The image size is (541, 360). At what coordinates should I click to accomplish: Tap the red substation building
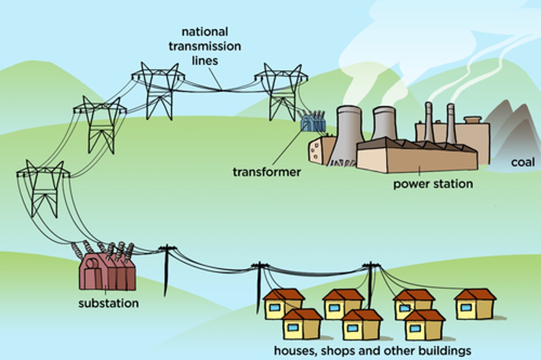(x=107, y=272)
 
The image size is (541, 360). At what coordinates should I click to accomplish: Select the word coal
(x=523, y=163)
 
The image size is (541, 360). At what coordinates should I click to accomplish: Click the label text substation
(x=109, y=303)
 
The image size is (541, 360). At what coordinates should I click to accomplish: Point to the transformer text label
(x=267, y=172)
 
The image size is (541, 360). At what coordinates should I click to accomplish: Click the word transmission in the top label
(x=205, y=46)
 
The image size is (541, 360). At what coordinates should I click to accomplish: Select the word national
(x=205, y=32)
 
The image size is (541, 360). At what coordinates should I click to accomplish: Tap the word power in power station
(x=411, y=184)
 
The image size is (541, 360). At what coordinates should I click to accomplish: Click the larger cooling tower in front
(x=348, y=135)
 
